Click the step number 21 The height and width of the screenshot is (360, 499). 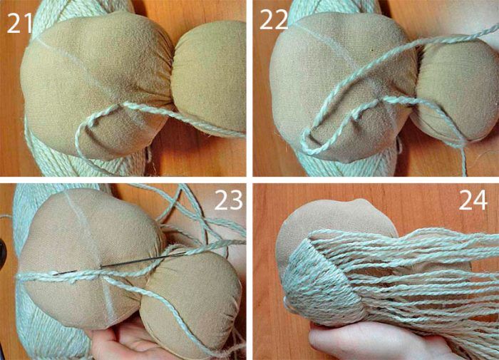click(x=19, y=23)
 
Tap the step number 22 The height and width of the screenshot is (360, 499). click(x=274, y=19)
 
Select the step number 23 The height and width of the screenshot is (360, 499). click(x=229, y=200)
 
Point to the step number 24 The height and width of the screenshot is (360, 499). click(x=473, y=200)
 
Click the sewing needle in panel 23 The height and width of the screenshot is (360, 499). click(x=119, y=263)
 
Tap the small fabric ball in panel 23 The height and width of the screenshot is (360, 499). click(x=191, y=302)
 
